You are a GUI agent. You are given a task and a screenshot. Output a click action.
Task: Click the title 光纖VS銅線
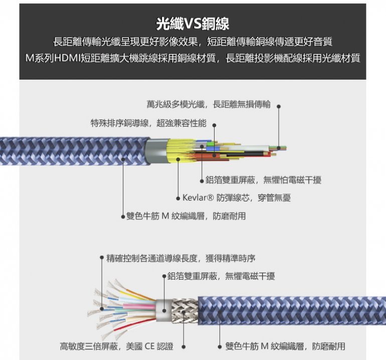[192, 23]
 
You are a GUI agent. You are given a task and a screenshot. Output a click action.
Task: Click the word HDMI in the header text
[65, 58]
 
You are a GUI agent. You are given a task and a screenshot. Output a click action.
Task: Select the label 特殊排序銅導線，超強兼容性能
[148, 123]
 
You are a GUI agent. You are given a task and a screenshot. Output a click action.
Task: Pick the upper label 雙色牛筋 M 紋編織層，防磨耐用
[186, 216]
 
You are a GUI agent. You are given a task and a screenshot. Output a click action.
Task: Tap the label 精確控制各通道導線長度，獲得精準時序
[181, 258]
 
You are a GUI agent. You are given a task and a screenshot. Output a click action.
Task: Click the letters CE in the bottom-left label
[150, 346]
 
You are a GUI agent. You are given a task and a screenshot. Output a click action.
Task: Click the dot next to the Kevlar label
[178, 198]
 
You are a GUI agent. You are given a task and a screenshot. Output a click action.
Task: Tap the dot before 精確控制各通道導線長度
[102, 258]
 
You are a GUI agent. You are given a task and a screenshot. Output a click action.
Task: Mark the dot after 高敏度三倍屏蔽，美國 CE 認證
[183, 346]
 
